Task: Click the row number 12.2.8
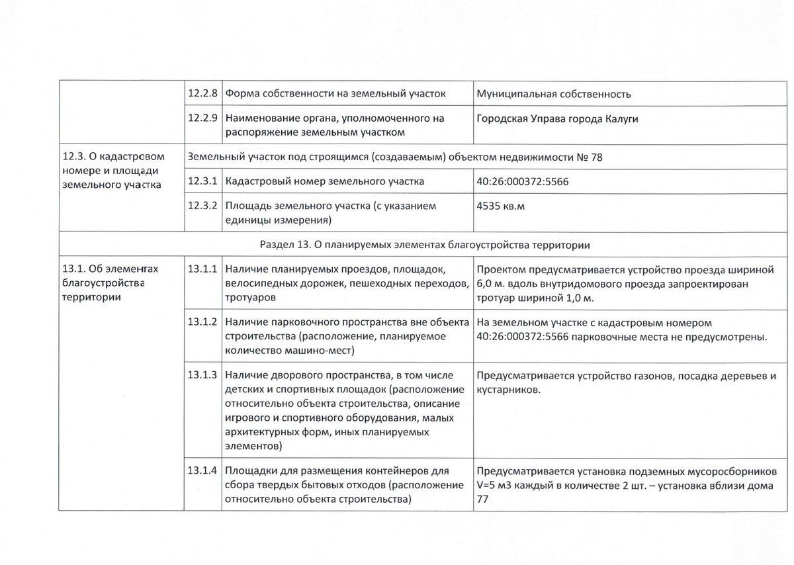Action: [202, 94]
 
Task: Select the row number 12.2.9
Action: [202, 119]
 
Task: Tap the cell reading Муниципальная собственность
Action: [553, 94]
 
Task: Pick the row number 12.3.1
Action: [202, 181]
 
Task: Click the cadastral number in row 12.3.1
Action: [522, 181]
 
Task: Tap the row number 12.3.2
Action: [202, 206]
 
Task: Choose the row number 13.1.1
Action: [202, 269]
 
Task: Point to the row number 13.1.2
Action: [202, 322]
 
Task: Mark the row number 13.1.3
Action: [202, 375]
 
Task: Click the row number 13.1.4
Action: [202, 472]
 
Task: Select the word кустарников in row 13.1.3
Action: [507, 390]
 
